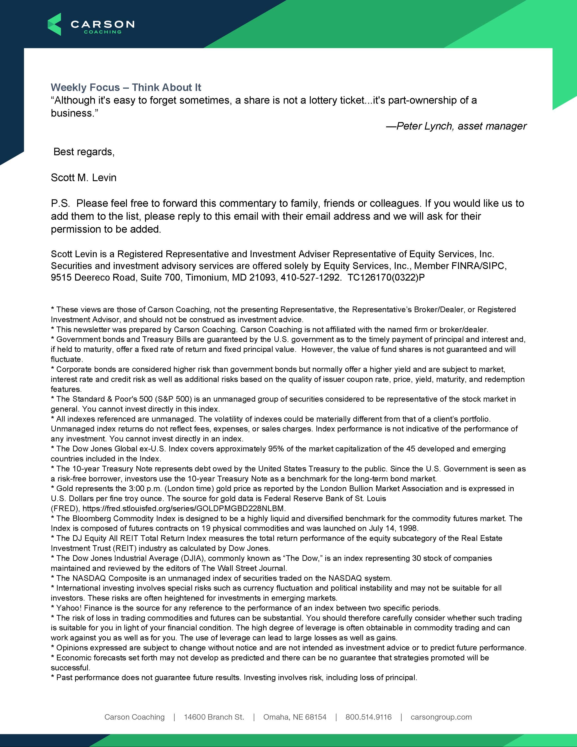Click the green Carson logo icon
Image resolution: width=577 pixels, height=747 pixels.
click(x=54, y=24)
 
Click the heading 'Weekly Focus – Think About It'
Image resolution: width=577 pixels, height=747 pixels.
click(x=126, y=88)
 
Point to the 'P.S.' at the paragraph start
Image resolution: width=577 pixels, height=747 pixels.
click(x=61, y=204)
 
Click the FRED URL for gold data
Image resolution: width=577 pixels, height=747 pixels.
click(x=184, y=508)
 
